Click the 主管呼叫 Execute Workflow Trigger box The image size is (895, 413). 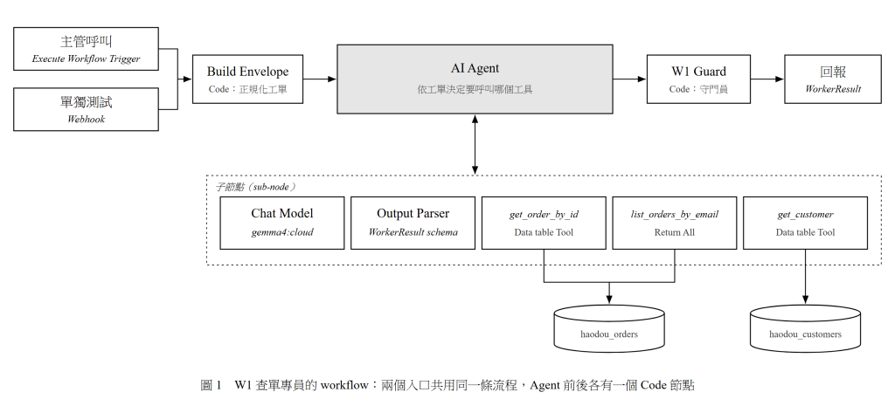click(x=87, y=49)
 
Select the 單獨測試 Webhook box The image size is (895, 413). click(x=87, y=109)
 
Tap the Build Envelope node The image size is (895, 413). click(x=247, y=79)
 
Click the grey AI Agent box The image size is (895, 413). click(x=475, y=79)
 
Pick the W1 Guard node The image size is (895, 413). click(x=698, y=79)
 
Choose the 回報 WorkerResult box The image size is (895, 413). click(x=833, y=79)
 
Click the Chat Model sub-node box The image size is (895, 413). click(x=282, y=223)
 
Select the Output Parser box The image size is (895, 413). click(x=413, y=223)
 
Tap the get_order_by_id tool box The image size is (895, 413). click(x=544, y=223)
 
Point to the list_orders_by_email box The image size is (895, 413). click(x=675, y=223)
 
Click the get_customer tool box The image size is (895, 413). click(x=805, y=223)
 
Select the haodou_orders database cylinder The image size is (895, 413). click(x=609, y=328)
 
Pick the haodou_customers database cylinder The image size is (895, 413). click(x=805, y=328)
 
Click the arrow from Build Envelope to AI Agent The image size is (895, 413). click(x=320, y=79)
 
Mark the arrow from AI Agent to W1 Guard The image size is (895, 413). click(x=629, y=79)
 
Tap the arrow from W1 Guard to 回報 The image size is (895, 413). click(x=767, y=79)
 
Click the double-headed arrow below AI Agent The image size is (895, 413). click(x=475, y=144)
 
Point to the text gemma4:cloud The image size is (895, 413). click(x=282, y=232)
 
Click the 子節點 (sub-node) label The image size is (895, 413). click(x=255, y=187)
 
